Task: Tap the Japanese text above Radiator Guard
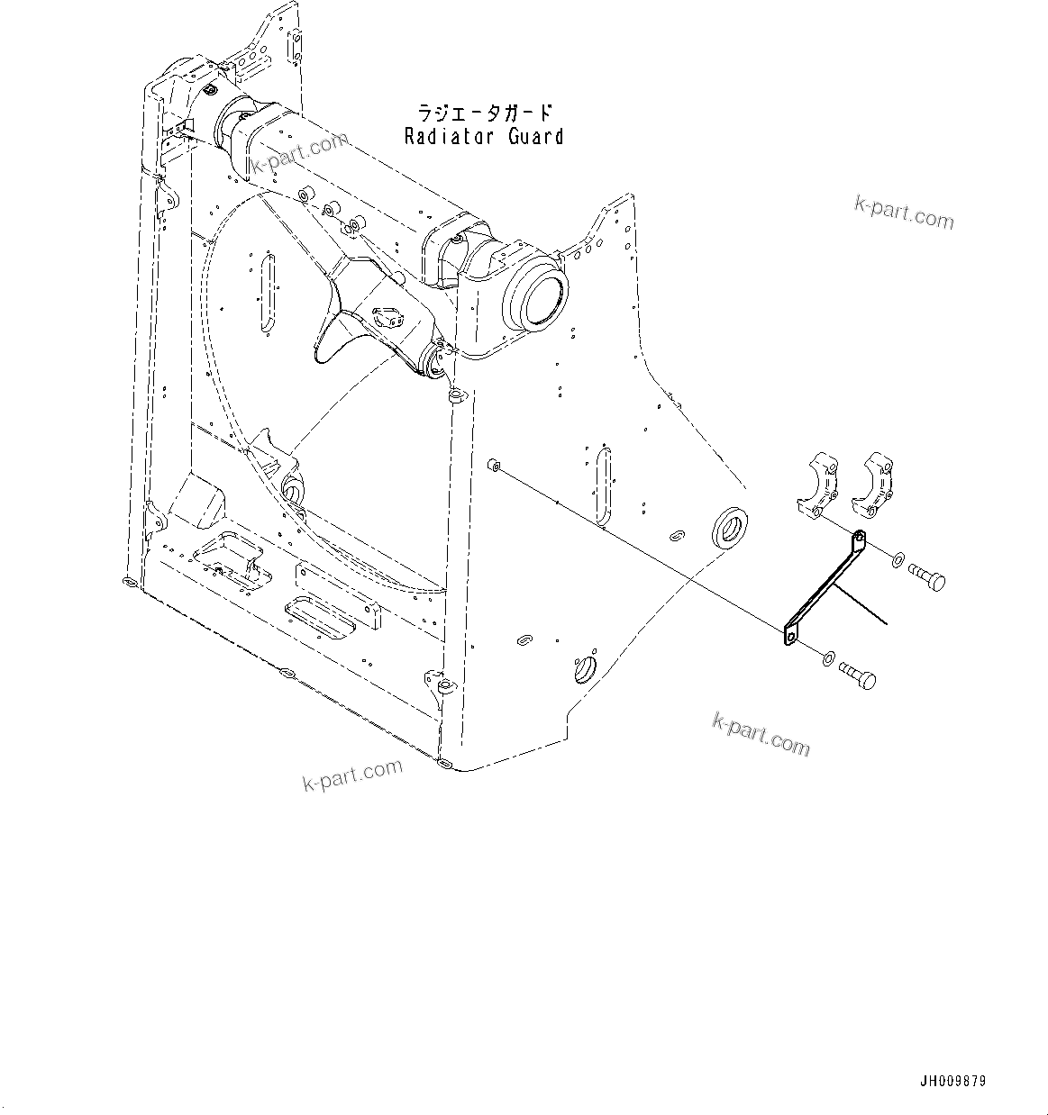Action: click(484, 113)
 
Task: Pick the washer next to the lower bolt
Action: click(827, 659)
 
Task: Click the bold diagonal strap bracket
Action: click(822, 590)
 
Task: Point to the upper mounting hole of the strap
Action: click(858, 539)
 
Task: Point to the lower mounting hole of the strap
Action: click(790, 639)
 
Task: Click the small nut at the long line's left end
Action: click(492, 465)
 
